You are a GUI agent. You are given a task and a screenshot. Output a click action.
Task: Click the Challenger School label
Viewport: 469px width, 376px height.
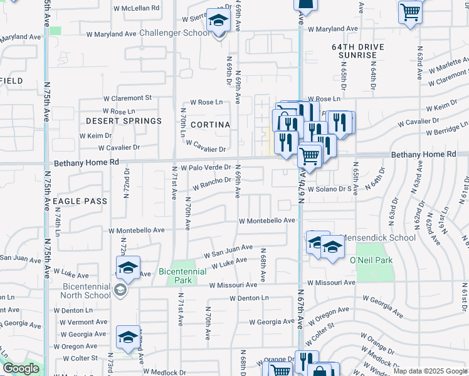click(175, 33)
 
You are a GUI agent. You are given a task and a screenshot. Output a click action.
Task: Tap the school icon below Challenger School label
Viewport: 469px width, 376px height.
click(218, 23)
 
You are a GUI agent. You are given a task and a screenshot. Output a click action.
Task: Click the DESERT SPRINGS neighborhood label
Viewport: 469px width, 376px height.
click(124, 120)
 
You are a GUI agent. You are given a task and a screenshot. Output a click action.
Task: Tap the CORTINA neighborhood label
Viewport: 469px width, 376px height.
click(210, 125)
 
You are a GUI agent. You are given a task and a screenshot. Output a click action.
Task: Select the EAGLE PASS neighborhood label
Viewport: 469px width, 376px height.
click(80, 201)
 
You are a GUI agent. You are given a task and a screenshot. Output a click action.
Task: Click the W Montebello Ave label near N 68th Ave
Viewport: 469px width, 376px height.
click(266, 221)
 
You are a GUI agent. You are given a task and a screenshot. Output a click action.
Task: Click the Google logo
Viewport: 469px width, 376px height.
click(21, 369)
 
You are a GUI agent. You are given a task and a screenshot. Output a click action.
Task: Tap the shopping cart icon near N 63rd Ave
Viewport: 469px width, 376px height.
click(410, 11)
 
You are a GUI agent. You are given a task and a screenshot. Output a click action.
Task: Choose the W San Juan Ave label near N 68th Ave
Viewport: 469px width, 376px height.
click(229, 251)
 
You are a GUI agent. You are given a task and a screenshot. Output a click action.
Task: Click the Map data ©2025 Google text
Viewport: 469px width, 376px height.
click(430, 371)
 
